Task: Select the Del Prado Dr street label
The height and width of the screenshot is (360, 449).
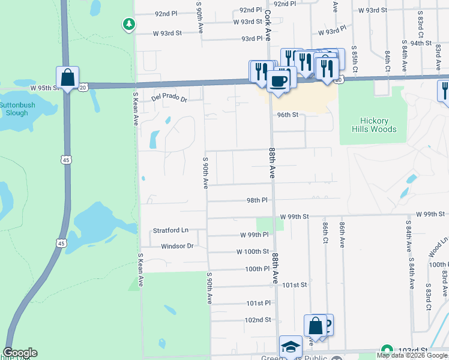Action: coord(169,98)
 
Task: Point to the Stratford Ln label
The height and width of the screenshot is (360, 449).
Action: coord(170,230)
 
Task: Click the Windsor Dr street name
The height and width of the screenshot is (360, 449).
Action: coord(177,246)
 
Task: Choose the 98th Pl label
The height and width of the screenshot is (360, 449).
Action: coord(256,200)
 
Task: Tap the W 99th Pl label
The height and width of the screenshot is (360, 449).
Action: coord(254,235)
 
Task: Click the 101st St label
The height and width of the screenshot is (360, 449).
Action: coord(295,285)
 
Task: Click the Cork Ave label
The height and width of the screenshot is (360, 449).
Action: coord(268,17)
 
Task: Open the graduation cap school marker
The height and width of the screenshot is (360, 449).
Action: coord(291,347)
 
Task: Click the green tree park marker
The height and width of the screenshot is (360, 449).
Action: coord(128,24)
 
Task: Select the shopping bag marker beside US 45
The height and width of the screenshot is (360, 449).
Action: coord(68,78)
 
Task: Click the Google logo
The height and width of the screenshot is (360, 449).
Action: coord(20,353)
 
